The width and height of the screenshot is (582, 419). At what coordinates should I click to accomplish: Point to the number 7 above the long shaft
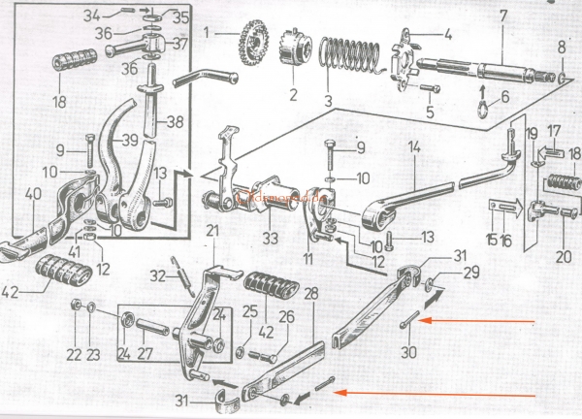point(502,16)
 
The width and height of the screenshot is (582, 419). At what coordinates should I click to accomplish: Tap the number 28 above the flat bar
point(310,292)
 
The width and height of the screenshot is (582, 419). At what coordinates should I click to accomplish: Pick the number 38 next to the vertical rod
point(174,122)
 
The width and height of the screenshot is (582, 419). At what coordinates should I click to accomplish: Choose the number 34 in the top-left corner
point(119,13)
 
